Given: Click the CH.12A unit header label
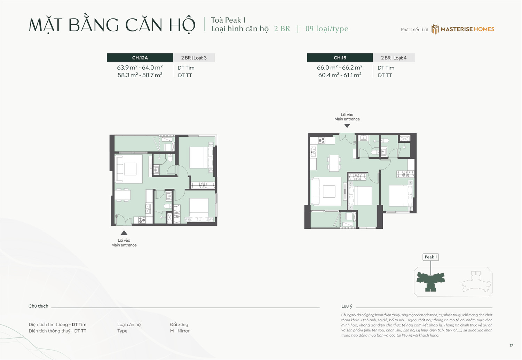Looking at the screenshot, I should click(140, 58).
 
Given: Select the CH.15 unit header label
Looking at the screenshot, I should click(340, 58).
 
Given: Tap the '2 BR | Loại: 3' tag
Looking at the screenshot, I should click(194, 58).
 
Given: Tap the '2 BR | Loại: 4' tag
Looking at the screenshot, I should click(394, 58).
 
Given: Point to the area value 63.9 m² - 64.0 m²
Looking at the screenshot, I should click(140, 68).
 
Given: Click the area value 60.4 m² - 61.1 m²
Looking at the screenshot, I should click(340, 75).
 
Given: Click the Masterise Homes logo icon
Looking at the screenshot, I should click(435, 29).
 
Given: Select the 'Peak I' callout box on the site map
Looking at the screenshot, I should click(430, 257).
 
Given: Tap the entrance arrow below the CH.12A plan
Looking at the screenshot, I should click(124, 233).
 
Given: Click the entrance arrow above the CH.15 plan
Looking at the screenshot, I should click(347, 126).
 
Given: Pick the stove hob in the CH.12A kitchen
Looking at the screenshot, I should click(142, 220).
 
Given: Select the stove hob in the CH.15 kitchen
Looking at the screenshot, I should click(322, 141).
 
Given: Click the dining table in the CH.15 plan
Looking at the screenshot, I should click(334, 163).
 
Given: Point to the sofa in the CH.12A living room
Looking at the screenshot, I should click(119, 169).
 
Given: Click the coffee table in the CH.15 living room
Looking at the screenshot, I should click(329, 191).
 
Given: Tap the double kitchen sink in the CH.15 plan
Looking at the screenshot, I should click(313, 152).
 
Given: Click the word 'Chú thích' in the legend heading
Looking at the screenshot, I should click(38, 306).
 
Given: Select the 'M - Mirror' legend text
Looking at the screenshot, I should click(180, 331).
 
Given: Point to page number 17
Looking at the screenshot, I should click(511, 345).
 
